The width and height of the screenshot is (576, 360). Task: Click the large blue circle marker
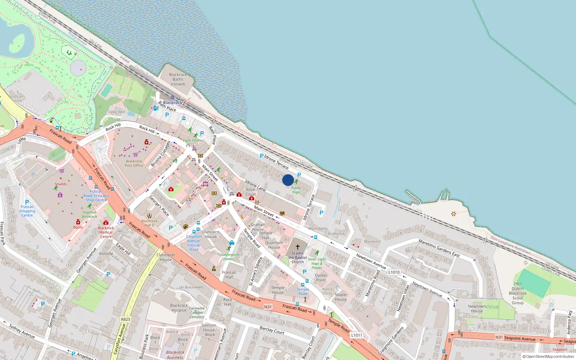[x=288, y=180]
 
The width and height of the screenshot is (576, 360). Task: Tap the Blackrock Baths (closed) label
[x=178, y=80]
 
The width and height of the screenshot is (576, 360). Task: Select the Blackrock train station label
[x=172, y=103]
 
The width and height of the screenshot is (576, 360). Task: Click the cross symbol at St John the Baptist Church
[x=298, y=247]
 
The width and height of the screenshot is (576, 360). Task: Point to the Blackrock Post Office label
[x=134, y=163]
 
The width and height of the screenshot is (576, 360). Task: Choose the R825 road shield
[x=126, y=319]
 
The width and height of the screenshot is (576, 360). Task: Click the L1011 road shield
[x=356, y=335]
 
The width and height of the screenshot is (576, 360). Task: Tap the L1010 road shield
[x=394, y=272]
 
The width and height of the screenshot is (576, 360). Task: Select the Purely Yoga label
[x=296, y=190]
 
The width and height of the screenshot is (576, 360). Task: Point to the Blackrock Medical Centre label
[x=106, y=232]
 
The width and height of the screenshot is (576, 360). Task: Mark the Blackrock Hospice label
[x=179, y=308]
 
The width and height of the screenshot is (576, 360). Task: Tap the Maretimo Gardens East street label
[x=439, y=248]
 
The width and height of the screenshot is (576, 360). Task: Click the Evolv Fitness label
[x=193, y=140]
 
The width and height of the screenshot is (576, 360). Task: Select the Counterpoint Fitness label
[x=229, y=257]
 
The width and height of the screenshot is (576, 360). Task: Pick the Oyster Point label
[x=321, y=278]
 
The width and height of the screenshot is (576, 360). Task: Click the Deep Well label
[x=117, y=112]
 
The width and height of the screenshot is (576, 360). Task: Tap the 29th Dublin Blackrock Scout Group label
[x=518, y=293]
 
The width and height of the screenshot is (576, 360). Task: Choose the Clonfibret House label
[x=166, y=257]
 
